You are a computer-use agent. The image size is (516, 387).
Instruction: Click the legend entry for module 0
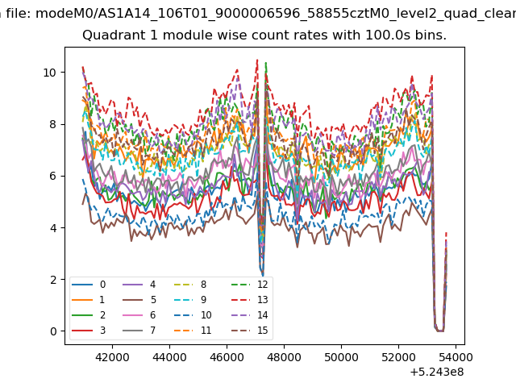tap(89, 285)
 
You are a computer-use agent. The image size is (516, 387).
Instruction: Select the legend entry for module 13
tap(250, 300)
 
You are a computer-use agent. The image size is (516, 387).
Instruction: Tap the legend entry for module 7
tap(139, 330)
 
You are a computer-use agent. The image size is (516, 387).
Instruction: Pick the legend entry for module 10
tap(193, 315)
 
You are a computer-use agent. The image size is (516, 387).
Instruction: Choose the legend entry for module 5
tap(139, 300)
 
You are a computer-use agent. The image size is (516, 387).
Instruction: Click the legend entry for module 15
tap(250, 330)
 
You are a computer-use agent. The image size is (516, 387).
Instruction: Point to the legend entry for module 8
tap(190, 285)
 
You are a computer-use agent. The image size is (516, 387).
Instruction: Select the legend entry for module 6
tap(139, 315)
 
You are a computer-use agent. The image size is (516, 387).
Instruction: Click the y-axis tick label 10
tap(50, 73)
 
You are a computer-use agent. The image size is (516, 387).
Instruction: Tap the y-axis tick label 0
tap(53, 331)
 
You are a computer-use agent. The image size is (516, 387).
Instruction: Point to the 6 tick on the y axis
tap(53, 176)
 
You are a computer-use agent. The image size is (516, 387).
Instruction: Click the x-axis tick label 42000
tap(112, 357)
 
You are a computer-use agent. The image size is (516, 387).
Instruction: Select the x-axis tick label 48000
tap(284, 357)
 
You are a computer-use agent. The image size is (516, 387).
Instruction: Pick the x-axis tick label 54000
tap(456, 357)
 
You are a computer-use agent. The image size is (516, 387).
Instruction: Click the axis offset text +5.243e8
tap(437, 372)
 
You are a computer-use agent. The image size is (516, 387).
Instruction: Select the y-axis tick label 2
tap(53, 280)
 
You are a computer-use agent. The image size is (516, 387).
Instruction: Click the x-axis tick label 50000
tap(341, 357)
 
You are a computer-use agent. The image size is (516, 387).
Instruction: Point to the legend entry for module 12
tap(250, 285)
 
